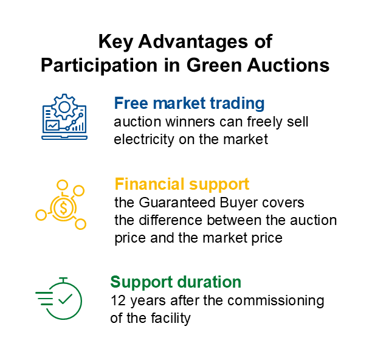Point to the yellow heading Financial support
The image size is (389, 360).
[x=182, y=184]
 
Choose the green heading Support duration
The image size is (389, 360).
[x=176, y=282]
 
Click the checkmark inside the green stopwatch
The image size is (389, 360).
[x=65, y=299]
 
